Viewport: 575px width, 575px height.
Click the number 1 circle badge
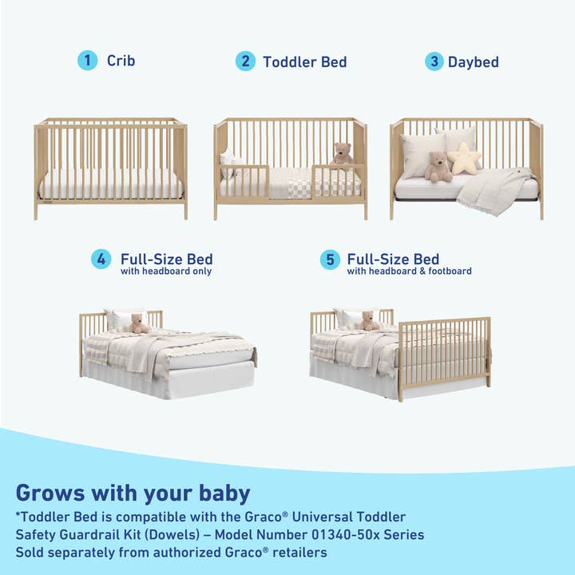tap(87, 61)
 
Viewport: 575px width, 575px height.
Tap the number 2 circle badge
tap(245, 61)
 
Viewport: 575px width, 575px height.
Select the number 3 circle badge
tap(434, 61)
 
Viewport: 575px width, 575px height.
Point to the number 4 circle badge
tap(101, 260)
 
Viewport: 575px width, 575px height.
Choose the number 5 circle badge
tap(330, 260)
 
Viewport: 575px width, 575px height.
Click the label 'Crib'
tap(121, 61)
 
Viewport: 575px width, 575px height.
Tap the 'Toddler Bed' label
tap(305, 61)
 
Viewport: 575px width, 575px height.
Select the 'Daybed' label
tap(474, 61)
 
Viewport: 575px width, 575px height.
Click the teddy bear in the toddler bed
tap(342, 155)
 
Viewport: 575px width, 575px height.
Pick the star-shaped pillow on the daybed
tap(464, 158)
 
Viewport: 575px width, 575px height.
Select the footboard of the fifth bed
tap(444, 355)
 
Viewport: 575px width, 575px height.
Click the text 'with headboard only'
tap(166, 272)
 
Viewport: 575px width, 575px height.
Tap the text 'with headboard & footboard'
tap(409, 272)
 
